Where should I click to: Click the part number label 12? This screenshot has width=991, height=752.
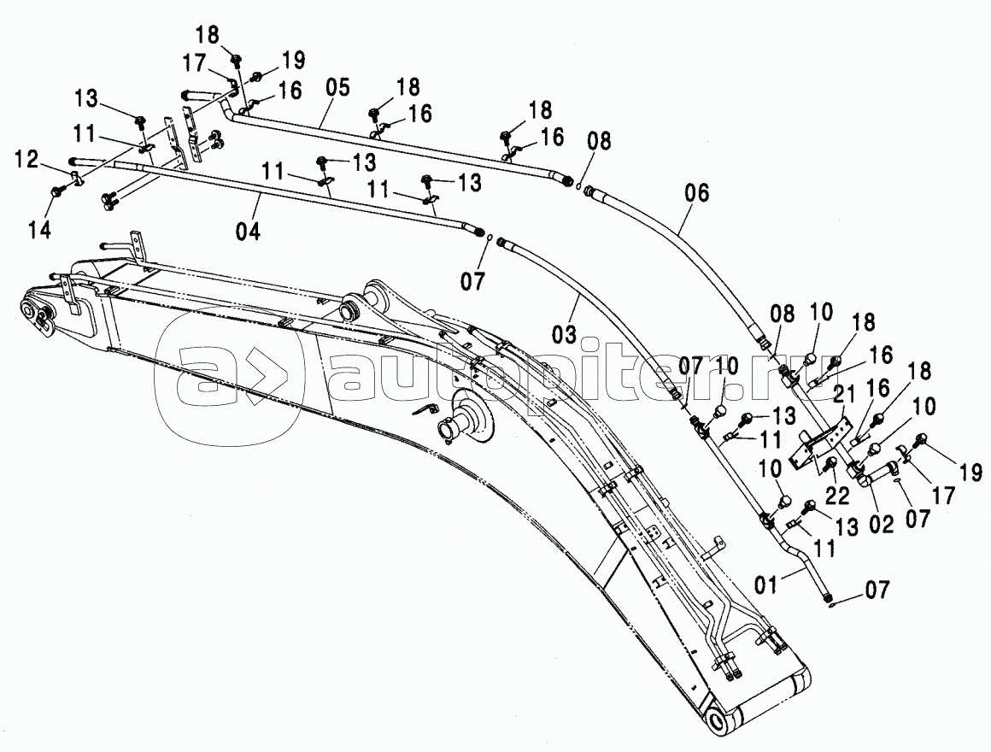point(27,159)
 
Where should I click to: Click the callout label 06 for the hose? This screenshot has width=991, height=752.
point(697,193)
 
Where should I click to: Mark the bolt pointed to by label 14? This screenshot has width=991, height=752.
point(58,193)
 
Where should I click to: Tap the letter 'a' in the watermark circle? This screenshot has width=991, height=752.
point(209,375)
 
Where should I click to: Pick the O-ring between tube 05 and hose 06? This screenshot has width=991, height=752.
point(579,186)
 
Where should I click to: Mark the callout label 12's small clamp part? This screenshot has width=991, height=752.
point(75,179)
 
